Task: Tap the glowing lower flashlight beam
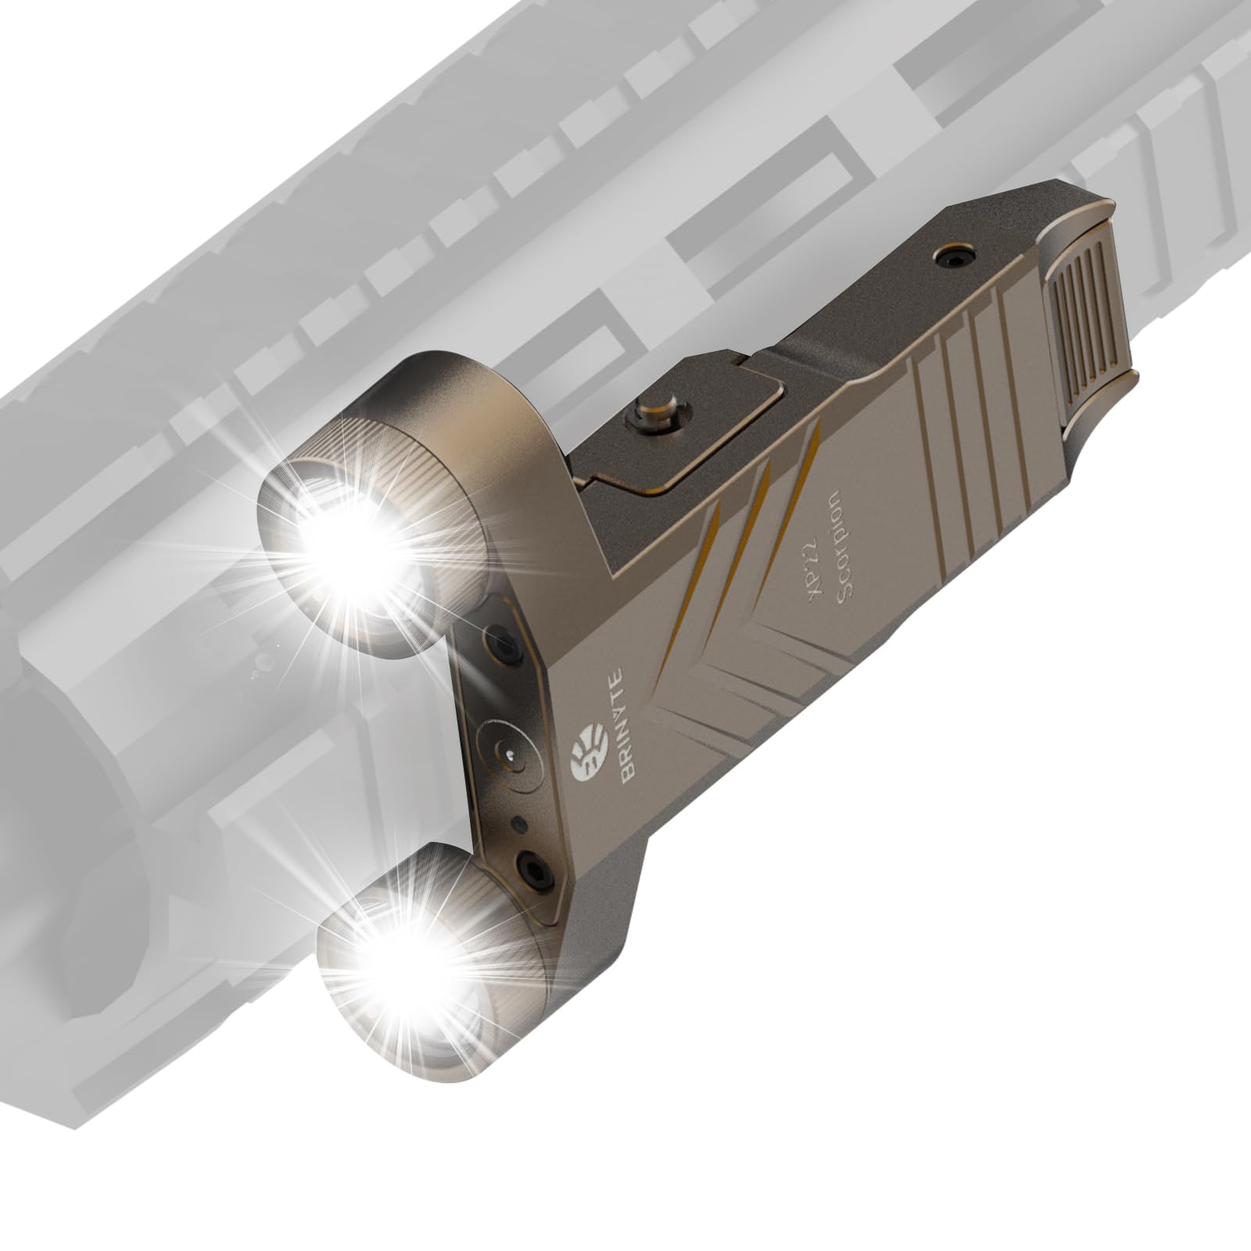point(407,977)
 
